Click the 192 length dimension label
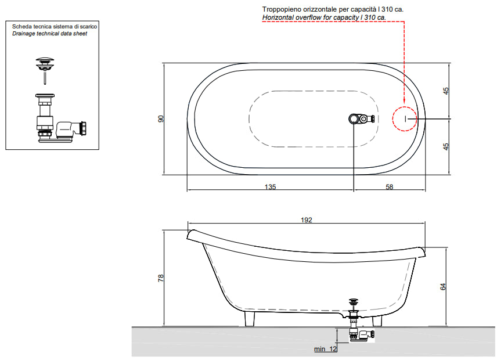tap(306, 220)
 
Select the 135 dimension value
tap(270, 187)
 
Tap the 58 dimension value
tap(389, 187)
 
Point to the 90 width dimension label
tap(161, 119)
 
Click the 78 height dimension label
tap(161, 278)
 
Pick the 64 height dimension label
tap(443, 286)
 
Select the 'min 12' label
tap(326, 349)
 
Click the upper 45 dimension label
tap(446, 91)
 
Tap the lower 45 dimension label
tap(446, 147)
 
